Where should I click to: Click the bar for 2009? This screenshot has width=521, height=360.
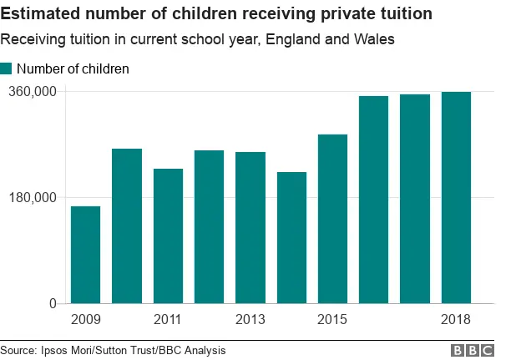85,255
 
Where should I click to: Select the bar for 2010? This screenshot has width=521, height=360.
127,226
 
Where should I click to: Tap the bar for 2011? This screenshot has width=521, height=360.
168,236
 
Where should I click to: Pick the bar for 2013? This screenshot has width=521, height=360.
250,227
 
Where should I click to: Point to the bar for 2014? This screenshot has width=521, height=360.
291,237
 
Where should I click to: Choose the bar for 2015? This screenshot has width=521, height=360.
332,219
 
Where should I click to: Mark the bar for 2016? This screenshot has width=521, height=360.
374,200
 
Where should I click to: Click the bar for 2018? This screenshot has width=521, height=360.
456,197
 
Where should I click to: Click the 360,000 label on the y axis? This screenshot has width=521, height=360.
32,91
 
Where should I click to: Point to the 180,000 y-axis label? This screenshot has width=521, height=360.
32,198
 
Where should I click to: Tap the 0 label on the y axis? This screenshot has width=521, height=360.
52,304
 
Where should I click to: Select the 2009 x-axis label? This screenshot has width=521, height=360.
85,320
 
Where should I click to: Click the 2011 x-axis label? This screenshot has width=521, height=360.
168,320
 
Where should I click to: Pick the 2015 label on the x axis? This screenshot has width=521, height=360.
332,320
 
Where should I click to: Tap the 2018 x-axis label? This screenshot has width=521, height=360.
456,320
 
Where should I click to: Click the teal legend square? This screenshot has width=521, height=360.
7,69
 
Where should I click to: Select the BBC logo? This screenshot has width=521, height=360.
473,351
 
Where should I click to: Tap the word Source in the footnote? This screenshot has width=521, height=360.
19,351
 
